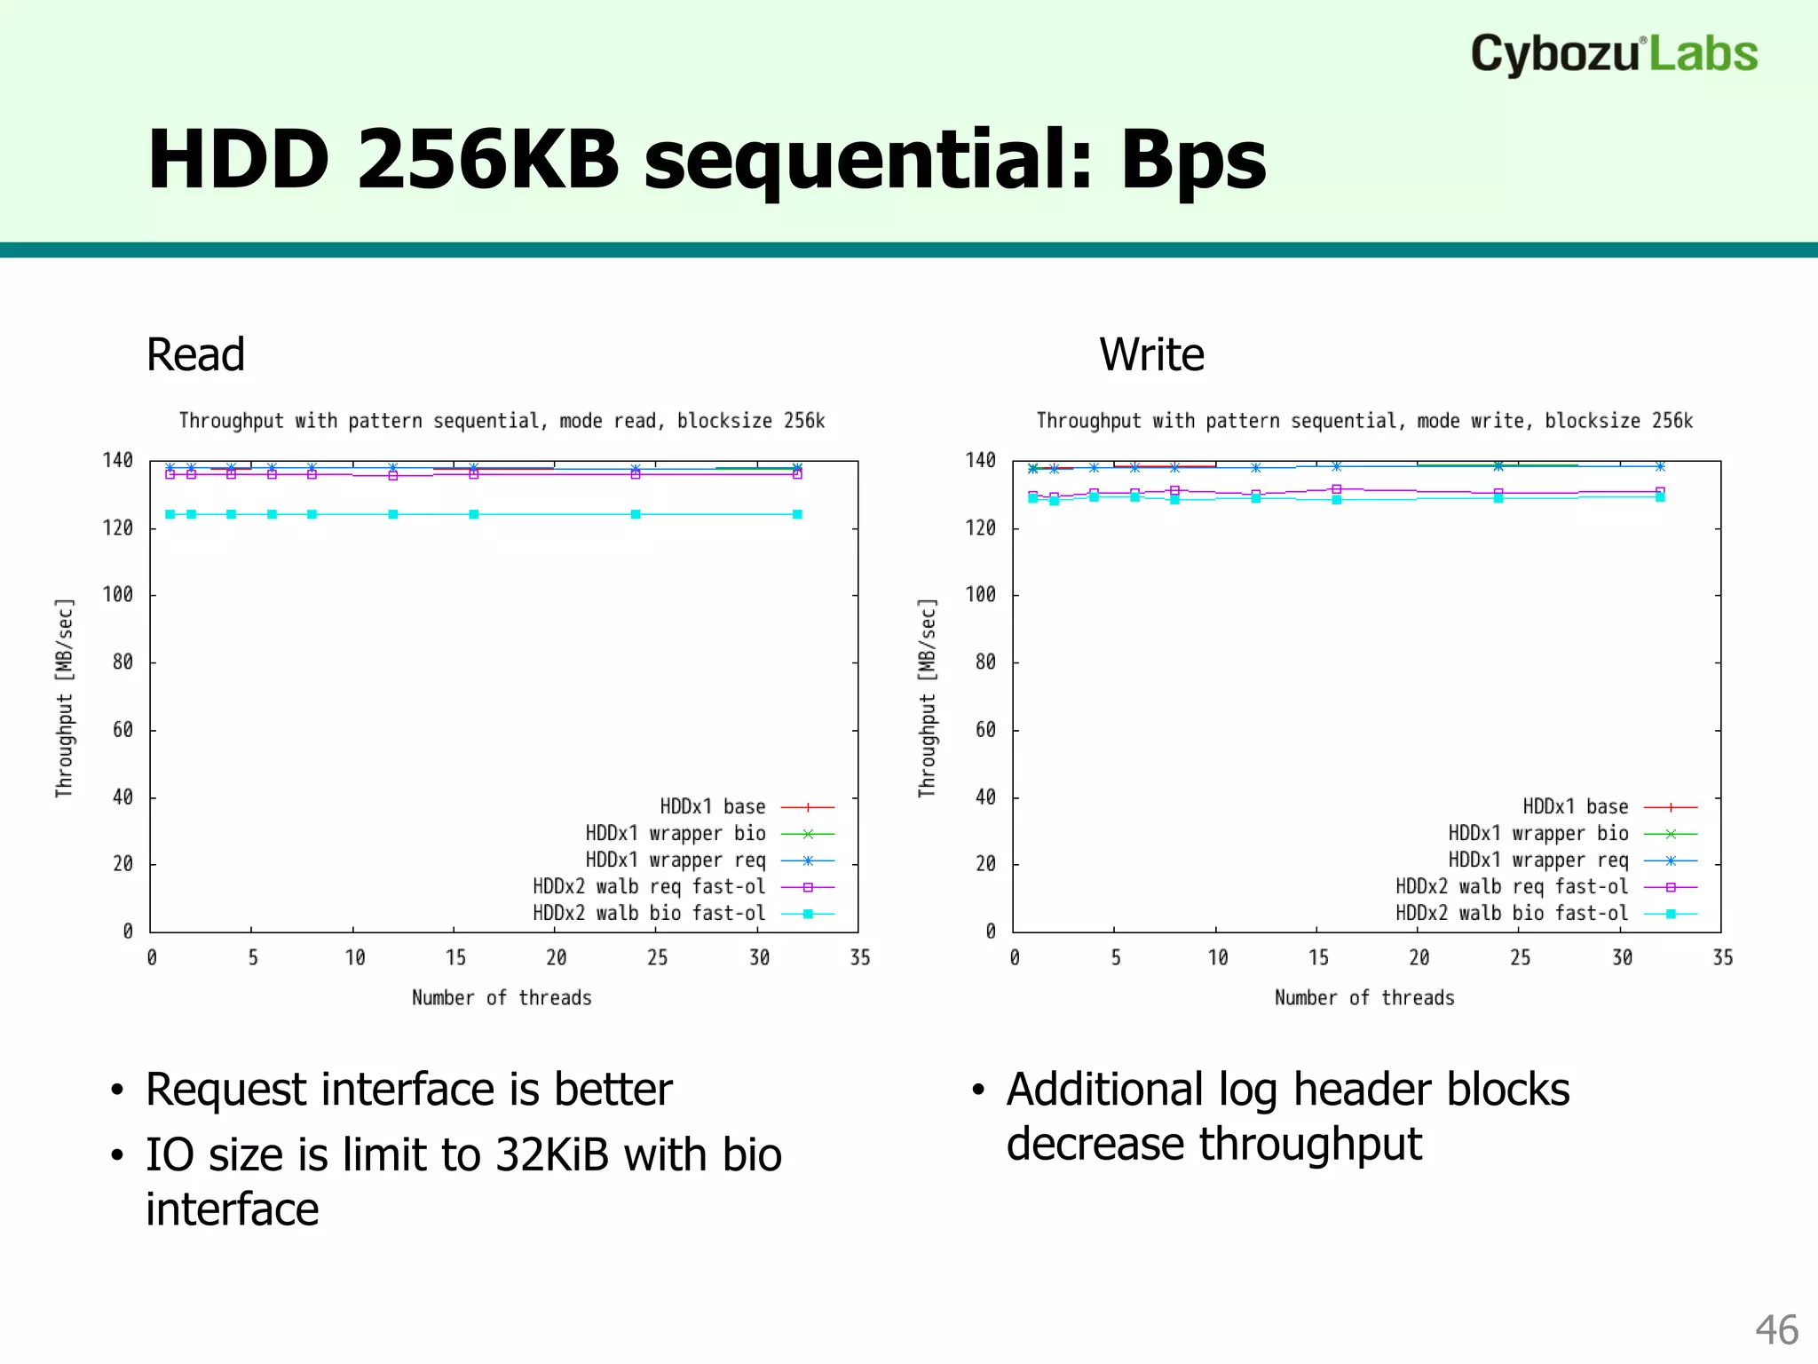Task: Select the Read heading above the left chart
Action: pos(195,355)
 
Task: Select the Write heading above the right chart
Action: pos(1151,355)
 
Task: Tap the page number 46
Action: pos(1776,1330)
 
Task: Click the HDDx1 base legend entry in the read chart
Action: pos(713,807)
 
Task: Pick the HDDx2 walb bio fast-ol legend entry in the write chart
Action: pos(1512,914)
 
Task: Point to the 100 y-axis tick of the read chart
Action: pos(118,595)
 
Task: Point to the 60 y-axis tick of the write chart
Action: pos(984,730)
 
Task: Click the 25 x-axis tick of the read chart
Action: pos(657,958)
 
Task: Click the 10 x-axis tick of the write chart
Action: pos(1218,958)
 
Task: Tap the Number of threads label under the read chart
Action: pos(502,998)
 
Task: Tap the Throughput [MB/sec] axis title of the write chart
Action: pos(927,698)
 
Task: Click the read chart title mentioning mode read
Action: pos(502,421)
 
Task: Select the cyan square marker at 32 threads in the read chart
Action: pos(797,515)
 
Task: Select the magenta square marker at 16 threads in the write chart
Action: pos(1336,489)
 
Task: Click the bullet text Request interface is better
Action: pos(408,1090)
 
